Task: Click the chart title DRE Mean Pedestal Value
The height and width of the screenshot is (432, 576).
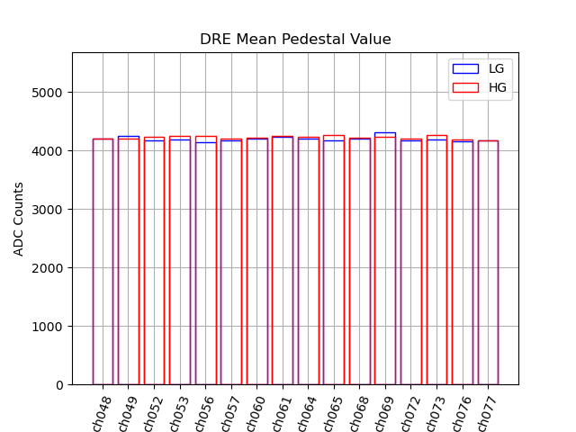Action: [x=295, y=40]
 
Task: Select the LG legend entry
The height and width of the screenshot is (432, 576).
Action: [x=496, y=68]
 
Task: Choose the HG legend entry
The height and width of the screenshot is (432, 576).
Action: [x=496, y=86]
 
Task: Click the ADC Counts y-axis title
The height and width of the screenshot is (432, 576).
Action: [x=19, y=219]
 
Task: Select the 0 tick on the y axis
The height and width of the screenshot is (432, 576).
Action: [x=59, y=385]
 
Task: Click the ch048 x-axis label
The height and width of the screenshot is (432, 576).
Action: [x=100, y=413]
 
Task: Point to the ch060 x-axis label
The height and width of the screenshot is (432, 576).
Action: [x=254, y=413]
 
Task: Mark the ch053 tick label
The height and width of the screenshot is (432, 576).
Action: [x=176, y=413]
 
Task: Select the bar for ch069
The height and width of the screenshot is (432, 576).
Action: [x=385, y=261]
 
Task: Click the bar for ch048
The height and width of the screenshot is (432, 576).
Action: [x=103, y=261]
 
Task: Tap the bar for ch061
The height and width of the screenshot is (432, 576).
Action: [x=283, y=261]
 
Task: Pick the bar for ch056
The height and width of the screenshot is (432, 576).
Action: [x=205, y=261]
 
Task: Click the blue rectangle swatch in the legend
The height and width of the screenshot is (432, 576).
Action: [x=465, y=68]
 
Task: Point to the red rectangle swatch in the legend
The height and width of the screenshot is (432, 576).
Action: [x=465, y=86]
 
